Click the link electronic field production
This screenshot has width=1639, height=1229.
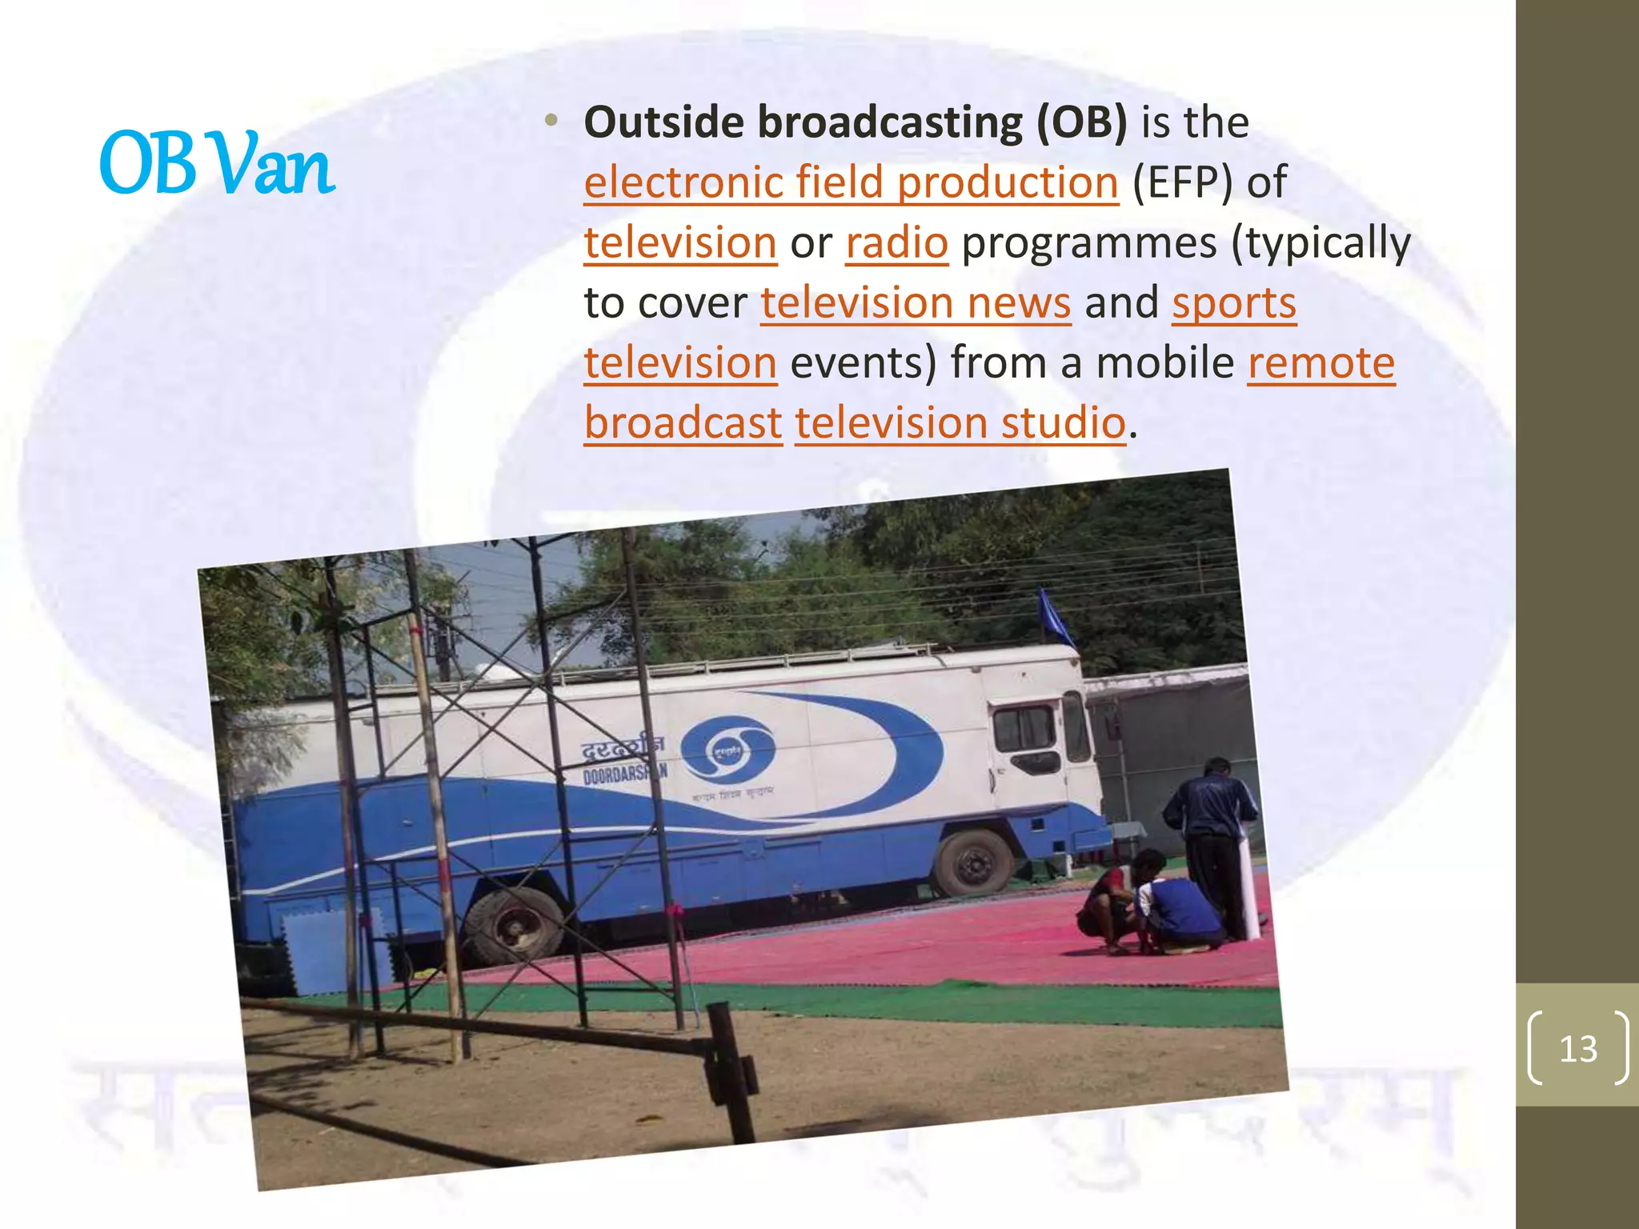pyautogui.click(x=851, y=183)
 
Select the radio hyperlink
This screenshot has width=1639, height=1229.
pyautogui.click(x=896, y=243)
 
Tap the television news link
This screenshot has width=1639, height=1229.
pyautogui.click(x=916, y=303)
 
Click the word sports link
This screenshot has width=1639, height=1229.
pyautogui.click(x=1233, y=303)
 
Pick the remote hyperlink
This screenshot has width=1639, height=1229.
pyautogui.click(x=1320, y=363)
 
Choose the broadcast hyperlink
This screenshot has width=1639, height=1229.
pyautogui.click(x=683, y=423)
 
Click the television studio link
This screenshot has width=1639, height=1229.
pyautogui.click(x=960, y=423)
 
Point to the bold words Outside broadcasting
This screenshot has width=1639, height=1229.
pyautogui.click(x=804, y=123)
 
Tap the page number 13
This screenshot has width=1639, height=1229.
pyautogui.click(x=1577, y=1048)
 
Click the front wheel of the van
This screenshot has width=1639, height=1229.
pyautogui.click(x=973, y=863)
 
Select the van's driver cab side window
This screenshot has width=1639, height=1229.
pyautogui.click(x=1024, y=728)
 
